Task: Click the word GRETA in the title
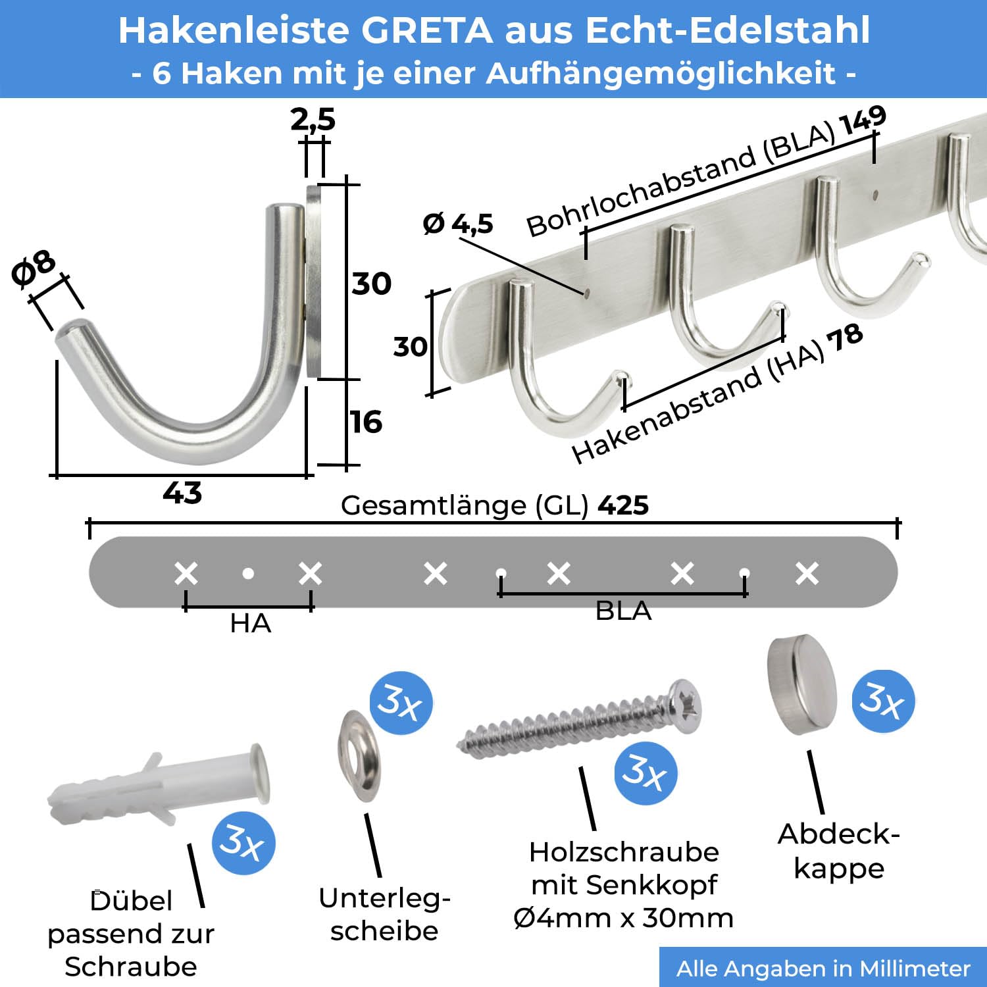427,30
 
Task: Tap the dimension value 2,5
313,120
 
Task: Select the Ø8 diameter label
34,268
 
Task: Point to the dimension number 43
182,492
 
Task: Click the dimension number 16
367,422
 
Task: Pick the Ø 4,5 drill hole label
458,224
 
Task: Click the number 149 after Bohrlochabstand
863,122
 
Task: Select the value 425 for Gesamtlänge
623,505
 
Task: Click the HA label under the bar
250,623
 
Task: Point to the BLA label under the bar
623,611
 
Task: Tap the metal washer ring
359,756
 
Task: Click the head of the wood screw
685,707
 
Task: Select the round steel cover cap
802,684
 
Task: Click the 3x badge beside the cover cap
884,701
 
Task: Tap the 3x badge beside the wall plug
243,843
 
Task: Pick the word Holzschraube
624,853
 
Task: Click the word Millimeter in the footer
915,969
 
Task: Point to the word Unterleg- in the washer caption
384,899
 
